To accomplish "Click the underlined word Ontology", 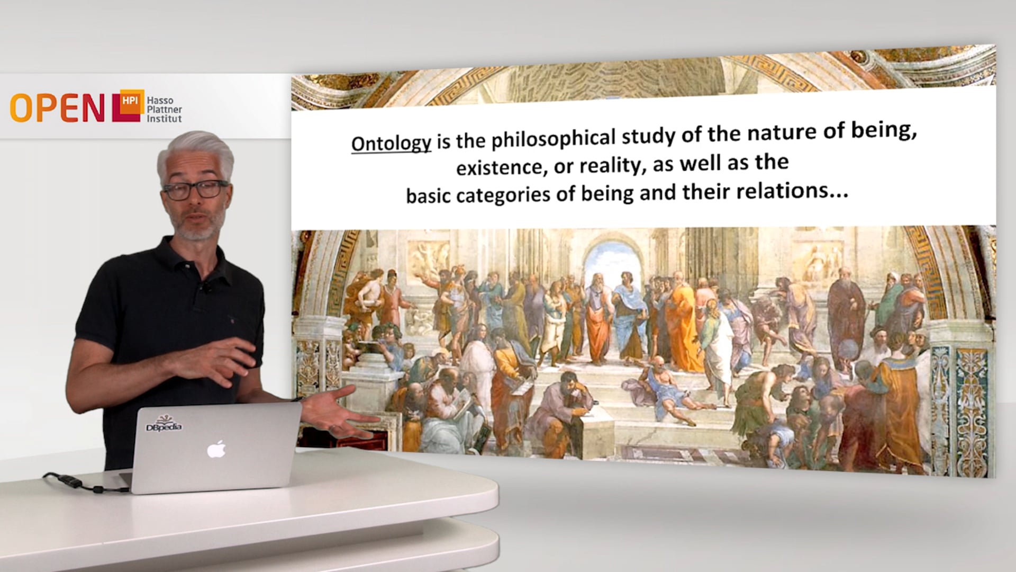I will [391, 144].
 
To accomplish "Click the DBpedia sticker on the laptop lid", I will [164, 424].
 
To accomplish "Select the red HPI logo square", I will [128, 105].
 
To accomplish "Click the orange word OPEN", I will [57, 108].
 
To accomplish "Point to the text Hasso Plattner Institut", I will [164, 110].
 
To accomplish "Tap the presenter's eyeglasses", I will [196, 189].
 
